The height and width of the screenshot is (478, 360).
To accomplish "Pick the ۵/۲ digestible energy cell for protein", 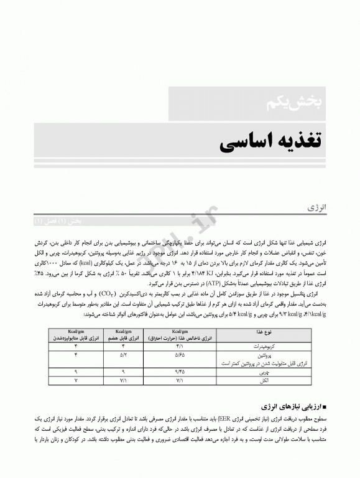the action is tap(122, 354).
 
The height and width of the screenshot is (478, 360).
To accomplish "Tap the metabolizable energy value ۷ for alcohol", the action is tap(75, 378).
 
